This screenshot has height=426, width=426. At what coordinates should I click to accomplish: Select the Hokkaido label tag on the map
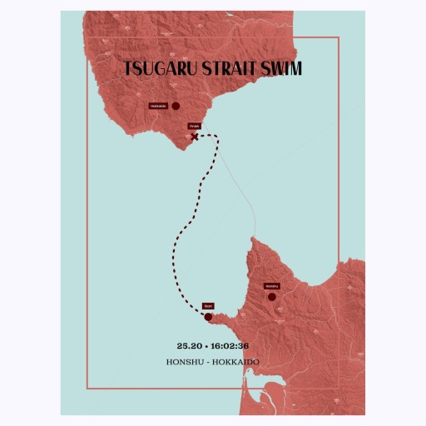158,106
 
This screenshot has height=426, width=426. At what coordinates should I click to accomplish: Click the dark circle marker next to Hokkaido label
176,106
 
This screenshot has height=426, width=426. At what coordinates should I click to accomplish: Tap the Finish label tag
194,126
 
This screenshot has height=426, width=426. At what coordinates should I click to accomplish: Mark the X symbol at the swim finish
195,136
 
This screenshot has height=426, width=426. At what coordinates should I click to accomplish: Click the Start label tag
208,306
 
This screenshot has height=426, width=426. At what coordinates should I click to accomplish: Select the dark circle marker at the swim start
208,316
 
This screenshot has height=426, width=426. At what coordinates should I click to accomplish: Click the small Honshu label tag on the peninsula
270,286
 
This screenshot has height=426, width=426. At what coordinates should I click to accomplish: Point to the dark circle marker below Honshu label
271,296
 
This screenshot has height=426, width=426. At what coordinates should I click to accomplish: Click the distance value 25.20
189,345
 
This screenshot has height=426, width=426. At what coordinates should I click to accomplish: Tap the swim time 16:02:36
230,345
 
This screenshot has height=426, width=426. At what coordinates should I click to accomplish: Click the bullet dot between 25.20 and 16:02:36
206,345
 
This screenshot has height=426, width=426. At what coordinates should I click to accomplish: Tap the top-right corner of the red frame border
339,38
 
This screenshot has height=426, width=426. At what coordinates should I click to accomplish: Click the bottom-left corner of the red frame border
87,389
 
